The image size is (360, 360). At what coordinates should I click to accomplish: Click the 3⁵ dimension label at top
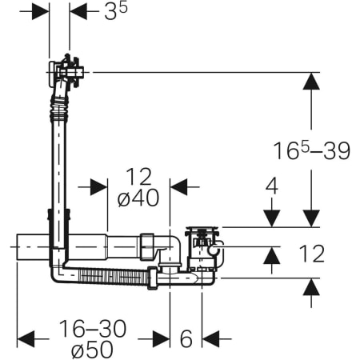(116, 12)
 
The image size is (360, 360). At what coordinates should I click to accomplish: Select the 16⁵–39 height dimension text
(312, 150)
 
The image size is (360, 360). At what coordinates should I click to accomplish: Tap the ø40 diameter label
(138, 198)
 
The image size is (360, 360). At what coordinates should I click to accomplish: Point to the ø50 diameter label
(92, 349)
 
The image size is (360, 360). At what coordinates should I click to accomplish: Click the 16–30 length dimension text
(93, 329)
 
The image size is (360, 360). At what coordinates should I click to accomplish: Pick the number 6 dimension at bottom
(186, 338)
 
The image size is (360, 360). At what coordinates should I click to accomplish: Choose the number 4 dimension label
(272, 186)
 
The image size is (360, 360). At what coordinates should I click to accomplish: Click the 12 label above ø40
(138, 177)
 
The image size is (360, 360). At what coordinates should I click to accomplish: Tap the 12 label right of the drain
(312, 254)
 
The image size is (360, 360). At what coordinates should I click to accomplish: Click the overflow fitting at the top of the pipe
(66, 72)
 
